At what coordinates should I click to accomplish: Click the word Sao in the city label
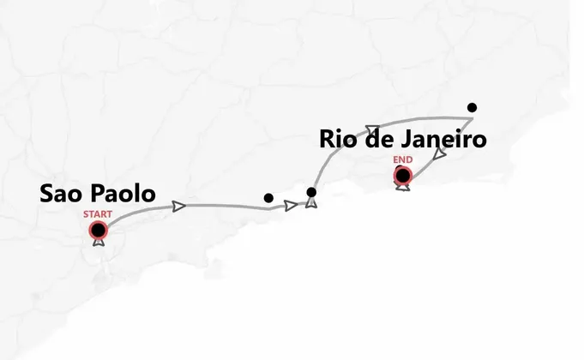[x=62, y=194]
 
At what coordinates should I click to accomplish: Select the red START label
[x=98, y=213]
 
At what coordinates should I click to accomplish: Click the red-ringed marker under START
[x=99, y=230]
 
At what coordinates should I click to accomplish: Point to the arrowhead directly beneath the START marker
[x=99, y=243]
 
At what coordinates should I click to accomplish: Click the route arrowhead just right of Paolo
[x=178, y=206]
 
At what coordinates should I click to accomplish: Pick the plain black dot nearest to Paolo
[x=268, y=198]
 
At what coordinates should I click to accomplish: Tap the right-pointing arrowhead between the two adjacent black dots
[x=291, y=206]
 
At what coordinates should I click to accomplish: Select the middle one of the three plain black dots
[x=311, y=192]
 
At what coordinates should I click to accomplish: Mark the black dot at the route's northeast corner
[x=472, y=107]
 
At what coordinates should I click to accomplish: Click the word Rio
[x=340, y=140]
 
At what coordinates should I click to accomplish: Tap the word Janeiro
[x=445, y=140]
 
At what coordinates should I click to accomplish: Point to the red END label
[x=402, y=160]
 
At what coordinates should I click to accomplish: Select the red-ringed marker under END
[x=402, y=176]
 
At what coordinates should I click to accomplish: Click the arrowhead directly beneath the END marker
[x=402, y=188]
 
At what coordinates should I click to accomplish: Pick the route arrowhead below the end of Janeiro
[x=440, y=154]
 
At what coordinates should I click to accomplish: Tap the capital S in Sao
[x=48, y=194]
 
